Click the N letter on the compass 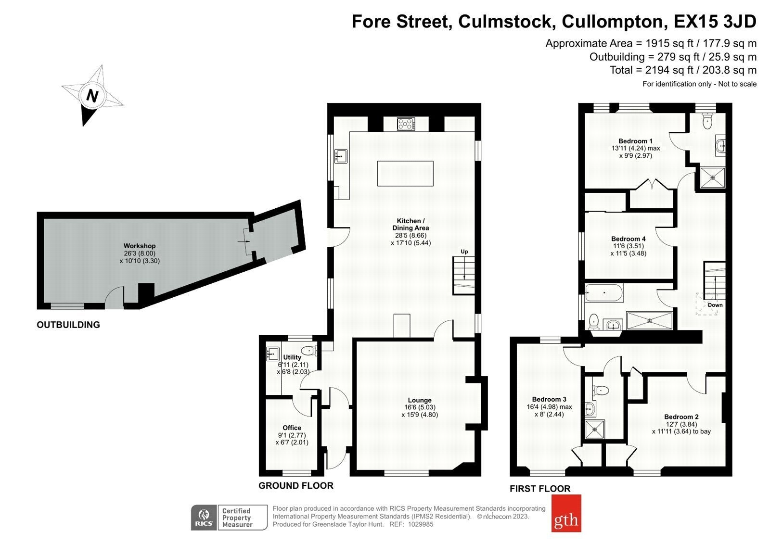pos(92,96)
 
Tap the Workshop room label pos(140,246)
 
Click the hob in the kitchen pos(406,124)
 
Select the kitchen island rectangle pos(405,174)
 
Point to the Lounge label pos(420,400)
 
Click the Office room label pos(292,428)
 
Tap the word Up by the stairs pos(464,252)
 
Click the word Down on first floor pos(715,305)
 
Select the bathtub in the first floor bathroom pos(604,293)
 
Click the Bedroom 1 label pos(635,141)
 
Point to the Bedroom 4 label pos(629,239)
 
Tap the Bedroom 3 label pos(549,399)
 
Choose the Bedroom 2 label pos(681,417)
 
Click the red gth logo pos(566,513)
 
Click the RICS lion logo pos(204,517)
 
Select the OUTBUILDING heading pos(68,325)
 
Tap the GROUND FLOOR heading pos(296,486)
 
